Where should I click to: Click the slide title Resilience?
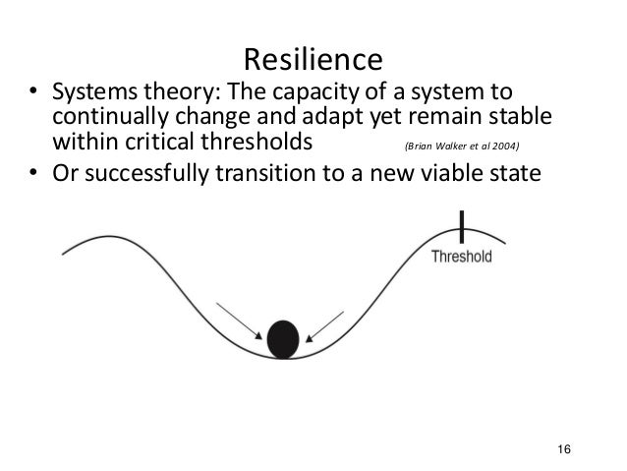coord(313,60)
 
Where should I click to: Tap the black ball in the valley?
coord(282,337)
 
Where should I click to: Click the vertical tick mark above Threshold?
coord(458,226)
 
